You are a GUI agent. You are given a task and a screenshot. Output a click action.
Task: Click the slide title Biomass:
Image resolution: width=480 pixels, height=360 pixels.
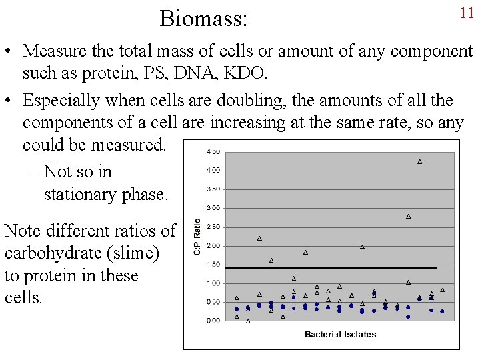203,18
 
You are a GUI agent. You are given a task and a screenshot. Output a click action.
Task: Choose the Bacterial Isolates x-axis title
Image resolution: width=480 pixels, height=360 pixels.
340,334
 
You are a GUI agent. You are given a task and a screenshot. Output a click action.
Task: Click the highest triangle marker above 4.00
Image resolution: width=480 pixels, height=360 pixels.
419,161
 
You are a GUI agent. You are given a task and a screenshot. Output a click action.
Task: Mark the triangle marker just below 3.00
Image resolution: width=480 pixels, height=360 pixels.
408,216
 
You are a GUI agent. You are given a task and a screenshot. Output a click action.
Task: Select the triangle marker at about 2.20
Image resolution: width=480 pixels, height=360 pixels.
259,238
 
